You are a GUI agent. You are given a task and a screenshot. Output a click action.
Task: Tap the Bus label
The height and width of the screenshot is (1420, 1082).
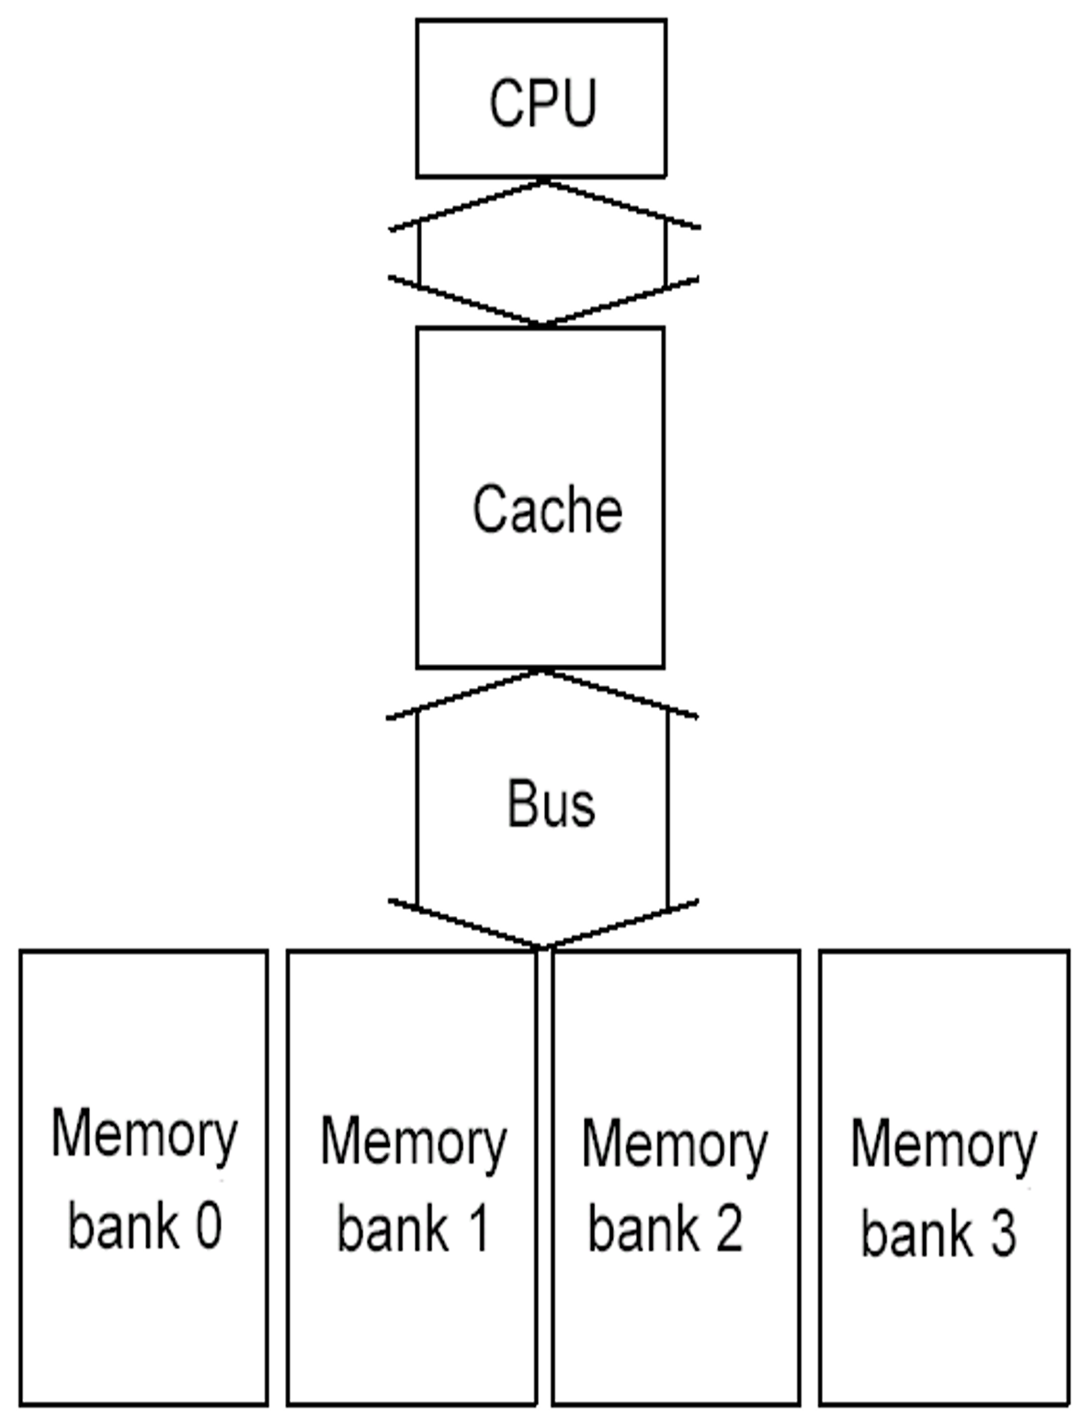click(x=551, y=803)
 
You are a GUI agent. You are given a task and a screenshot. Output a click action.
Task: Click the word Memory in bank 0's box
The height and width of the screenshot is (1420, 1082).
click(x=144, y=1136)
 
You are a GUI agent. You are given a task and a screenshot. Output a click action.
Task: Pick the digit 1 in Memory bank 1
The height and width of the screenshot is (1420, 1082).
click(x=478, y=1230)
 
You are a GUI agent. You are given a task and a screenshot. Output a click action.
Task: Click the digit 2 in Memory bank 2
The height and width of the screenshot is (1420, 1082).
click(x=729, y=1230)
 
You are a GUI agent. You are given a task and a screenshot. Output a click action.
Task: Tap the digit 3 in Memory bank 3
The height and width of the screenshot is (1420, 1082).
click(x=1003, y=1233)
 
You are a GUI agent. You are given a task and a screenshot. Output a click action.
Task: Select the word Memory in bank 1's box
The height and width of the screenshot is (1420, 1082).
click(x=414, y=1143)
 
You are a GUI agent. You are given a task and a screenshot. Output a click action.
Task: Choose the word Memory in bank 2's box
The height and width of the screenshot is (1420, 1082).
click(x=676, y=1145)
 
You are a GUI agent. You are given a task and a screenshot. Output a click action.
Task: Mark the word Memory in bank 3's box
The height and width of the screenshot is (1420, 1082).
click(x=944, y=1145)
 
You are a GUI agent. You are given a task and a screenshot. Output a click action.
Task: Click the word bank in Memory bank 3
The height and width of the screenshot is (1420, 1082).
click(x=917, y=1233)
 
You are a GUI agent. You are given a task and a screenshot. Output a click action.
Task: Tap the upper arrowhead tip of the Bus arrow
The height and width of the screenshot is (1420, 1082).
click(x=542, y=672)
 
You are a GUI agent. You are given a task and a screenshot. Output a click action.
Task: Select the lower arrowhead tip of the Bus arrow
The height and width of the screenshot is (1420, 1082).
click(x=542, y=946)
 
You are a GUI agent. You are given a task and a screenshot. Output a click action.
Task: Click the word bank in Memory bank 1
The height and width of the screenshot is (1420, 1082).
click(x=393, y=1230)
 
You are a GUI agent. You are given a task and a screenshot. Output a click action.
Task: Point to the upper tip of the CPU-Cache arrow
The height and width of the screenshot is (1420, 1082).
click(x=542, y=182)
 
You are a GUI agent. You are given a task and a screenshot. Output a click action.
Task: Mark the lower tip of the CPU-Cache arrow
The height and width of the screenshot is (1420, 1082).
click(x=542, y=325)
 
